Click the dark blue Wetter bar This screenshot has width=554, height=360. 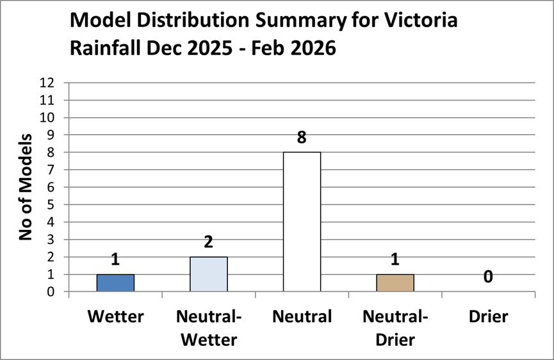115,282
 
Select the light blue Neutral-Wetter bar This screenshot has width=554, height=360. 209,274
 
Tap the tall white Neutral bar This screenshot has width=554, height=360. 302,222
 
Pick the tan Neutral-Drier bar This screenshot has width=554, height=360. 395,282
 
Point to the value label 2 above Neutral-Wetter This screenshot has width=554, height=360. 209,242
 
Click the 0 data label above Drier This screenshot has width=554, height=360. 488,277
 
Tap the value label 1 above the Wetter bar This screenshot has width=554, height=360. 115,259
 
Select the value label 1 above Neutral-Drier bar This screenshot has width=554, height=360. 395,259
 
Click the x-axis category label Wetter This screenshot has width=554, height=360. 115,316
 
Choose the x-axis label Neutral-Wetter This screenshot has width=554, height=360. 209,327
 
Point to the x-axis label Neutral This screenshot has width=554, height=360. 302,316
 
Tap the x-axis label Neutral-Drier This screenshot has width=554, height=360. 395,327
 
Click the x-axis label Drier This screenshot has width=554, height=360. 488,316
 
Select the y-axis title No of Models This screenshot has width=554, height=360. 26,187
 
